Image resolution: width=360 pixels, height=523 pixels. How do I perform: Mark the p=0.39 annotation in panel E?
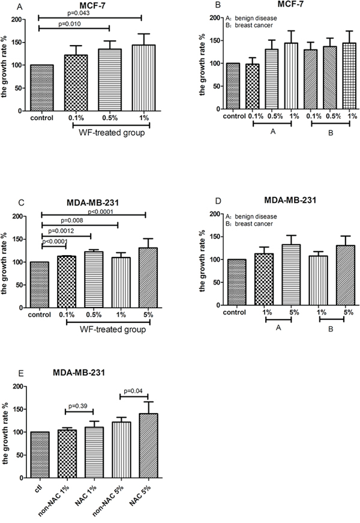[78, 406]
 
